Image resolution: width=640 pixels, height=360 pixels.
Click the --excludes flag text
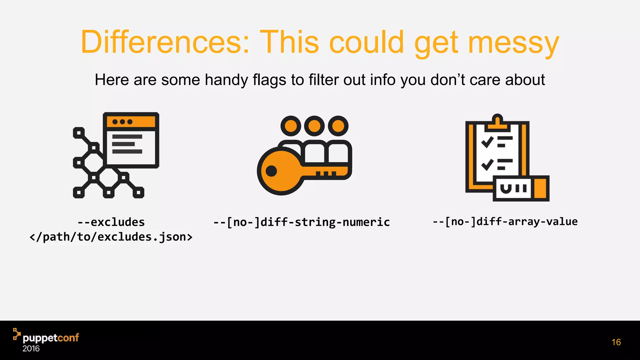coord(111,222)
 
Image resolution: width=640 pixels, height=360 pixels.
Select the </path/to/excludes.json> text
coord(111,237)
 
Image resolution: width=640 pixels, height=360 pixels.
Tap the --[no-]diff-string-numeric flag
coord(302,222)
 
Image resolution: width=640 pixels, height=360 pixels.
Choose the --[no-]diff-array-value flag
coord(505,222)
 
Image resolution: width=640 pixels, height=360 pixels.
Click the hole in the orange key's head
coord(271,171)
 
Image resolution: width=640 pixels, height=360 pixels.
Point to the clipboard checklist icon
coord(507,158)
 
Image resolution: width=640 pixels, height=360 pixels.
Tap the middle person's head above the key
coord(314,126)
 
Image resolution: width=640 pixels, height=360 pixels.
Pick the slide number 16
coord(616,342)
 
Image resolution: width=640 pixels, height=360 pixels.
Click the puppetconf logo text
coord(51,338)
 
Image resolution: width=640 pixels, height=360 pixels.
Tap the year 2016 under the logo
coord(31,349)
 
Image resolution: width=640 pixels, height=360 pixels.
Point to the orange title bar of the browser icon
coord(131,122)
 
